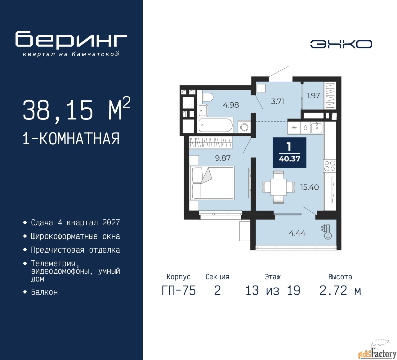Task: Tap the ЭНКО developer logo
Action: [x=341, y=44]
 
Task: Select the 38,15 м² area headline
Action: [x=77, y=110]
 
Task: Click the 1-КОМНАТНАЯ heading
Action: [x=71, y=139]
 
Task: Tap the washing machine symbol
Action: [x=244, y=127]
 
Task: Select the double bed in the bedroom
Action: [x=212, y=183]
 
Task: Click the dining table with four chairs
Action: [x=279, y=187]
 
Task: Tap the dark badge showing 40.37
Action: [x=289, y=152]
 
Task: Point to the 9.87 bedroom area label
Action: [x=223, y=158]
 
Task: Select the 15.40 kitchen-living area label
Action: [x=310, y=187]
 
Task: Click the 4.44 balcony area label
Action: [x=297, y=233]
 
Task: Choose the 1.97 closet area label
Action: [x=313, y=96]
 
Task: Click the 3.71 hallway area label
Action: [x=278, y=101]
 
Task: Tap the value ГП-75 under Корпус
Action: [x=179, y=290]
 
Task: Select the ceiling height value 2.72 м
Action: [x=340, y=290]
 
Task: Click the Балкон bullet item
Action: [x=44, y=292]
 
